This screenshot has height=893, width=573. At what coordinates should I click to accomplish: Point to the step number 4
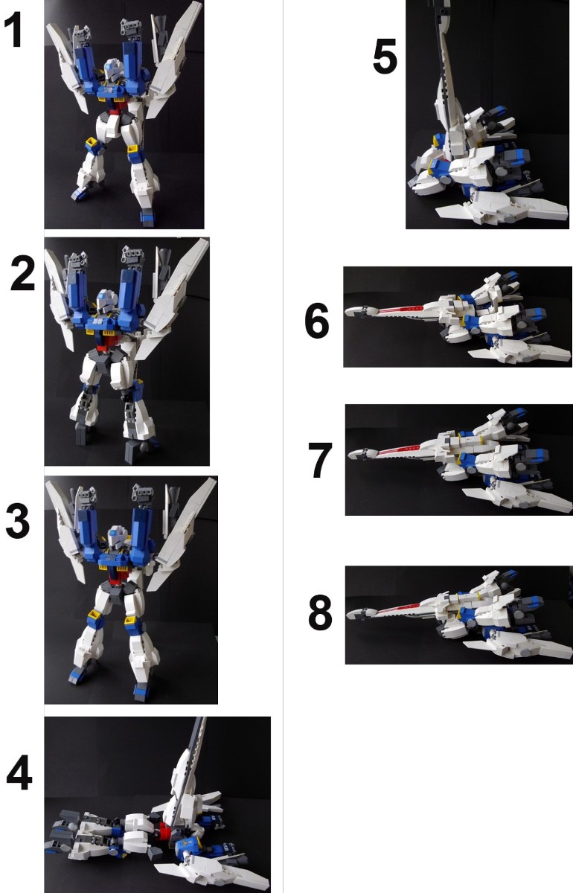click(x=19, y=775)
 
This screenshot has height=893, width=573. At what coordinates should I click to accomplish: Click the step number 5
click(x=385, y=57)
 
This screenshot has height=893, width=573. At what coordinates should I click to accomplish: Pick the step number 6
click(x=316, y=321)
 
